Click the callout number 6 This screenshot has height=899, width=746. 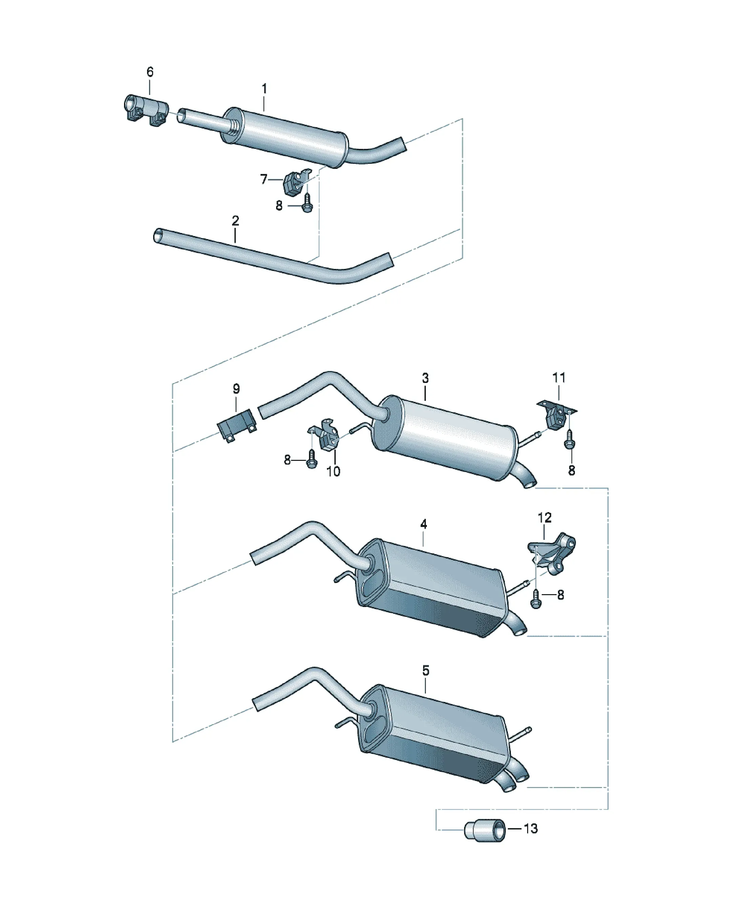[150, 72]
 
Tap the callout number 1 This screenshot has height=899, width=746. [264, 89]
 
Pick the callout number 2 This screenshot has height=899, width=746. [235, 220]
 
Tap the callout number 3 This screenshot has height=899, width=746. [425, 378]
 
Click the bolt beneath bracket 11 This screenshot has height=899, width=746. [569, 439]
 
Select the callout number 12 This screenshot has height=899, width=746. [544, 517]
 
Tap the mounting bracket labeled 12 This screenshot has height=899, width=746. [552, 553]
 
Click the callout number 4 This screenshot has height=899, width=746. [423, 524]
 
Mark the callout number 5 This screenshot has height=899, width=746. [426, 670]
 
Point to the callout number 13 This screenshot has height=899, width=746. [531, 828]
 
